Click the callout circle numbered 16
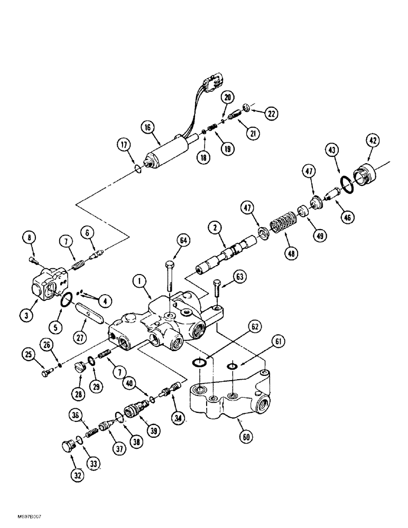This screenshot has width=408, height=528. click(x=147, y=127)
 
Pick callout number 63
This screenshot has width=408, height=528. click(x=241, y=276)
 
